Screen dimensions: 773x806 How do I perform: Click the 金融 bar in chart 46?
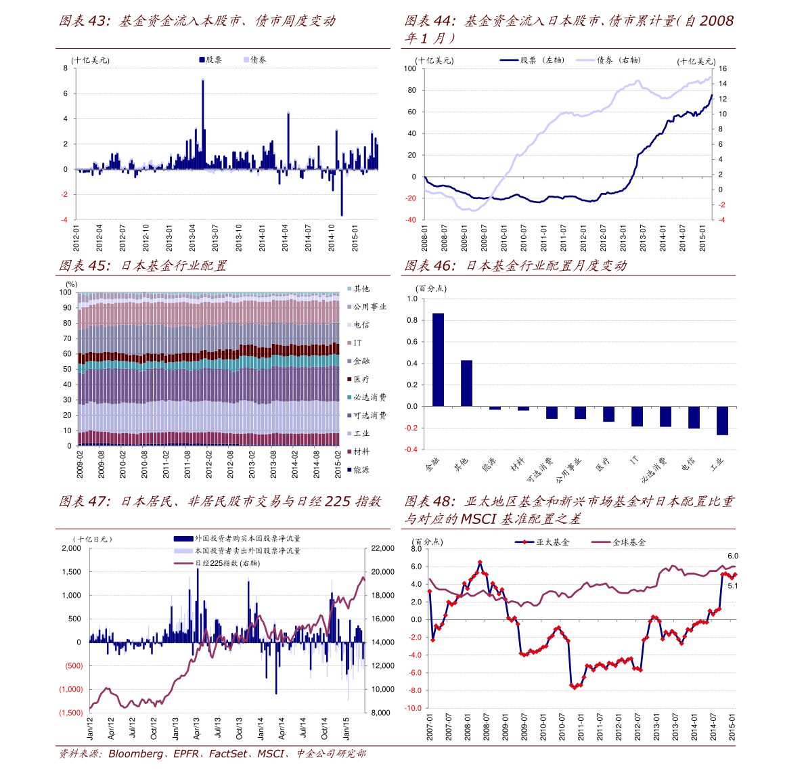pos(438,359)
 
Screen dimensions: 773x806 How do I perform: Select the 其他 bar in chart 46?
pos(466,383)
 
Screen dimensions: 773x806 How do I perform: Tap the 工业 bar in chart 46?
pos(722,420)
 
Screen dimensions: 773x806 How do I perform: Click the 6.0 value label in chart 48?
pos(732,556)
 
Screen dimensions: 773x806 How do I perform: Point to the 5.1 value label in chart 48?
pos(732,586)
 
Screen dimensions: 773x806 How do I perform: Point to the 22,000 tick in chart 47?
pos(383,548)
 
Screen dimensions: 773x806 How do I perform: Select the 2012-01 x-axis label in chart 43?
pos(76,238)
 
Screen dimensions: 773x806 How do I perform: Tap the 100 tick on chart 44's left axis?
pos(410,68)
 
